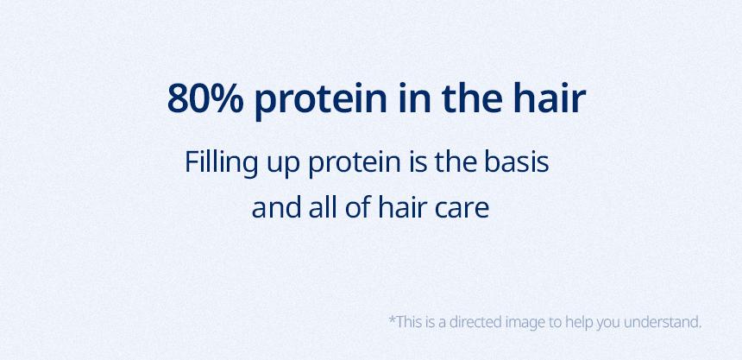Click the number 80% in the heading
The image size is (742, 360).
[x=205, y=99]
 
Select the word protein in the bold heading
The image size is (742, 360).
[x=321, y=101]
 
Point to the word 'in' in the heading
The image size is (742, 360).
[x=414, y=98]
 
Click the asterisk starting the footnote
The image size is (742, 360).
[x=392, y=319]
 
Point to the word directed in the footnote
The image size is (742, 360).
[x=475, y=322]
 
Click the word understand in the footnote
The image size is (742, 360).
[x=663, y=322]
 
